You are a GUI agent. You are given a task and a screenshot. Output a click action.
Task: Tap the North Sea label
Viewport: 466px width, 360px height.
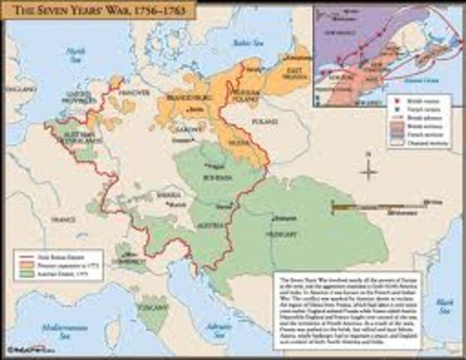74,53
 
